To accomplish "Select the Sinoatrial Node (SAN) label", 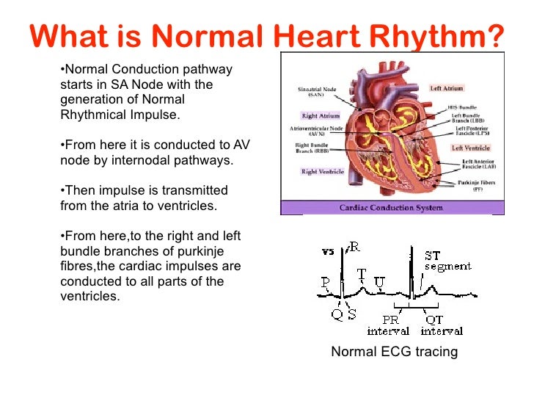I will click(x=317, y=92).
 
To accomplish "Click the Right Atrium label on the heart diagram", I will click(x=321, y=116).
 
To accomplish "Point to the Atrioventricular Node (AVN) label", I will click(x=317, y=133).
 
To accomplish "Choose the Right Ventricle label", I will click(x=322, y=172).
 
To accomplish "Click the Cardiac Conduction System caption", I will click(x=390, y=208).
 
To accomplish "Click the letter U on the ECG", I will click(x=378, y=281).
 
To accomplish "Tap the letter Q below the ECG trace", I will click(x=337, y=314).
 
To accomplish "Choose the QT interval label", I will click(x=442, y=325).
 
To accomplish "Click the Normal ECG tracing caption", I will click(x=394, y=352).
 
